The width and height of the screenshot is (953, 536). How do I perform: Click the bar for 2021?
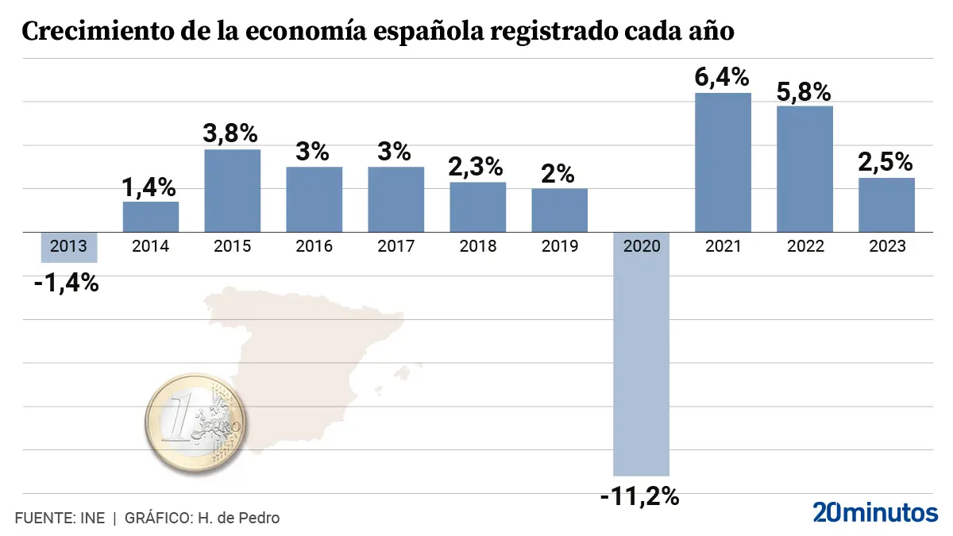click(x=723, y=163)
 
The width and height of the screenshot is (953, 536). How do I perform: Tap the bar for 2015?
click(x=232, y=191)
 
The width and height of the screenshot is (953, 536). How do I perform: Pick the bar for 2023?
click(x=886, y=205)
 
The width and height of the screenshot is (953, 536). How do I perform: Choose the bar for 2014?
click(x=151, y=217)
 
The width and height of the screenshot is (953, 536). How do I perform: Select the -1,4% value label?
click(x=67, y=283)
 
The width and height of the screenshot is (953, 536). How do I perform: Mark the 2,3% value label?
click(x=477, y=167)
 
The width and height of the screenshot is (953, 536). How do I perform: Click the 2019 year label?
click(x=560, y=246)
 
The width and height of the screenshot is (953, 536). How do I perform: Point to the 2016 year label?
click(x=314, y=246)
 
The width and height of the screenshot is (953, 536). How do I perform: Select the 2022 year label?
click(x=805, y=246)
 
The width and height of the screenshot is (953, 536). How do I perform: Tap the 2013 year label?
click(x=69, y=246)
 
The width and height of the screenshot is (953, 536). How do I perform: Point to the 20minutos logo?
click(x=875, y=512)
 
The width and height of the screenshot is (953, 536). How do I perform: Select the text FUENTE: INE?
click(x=60, y=518)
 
